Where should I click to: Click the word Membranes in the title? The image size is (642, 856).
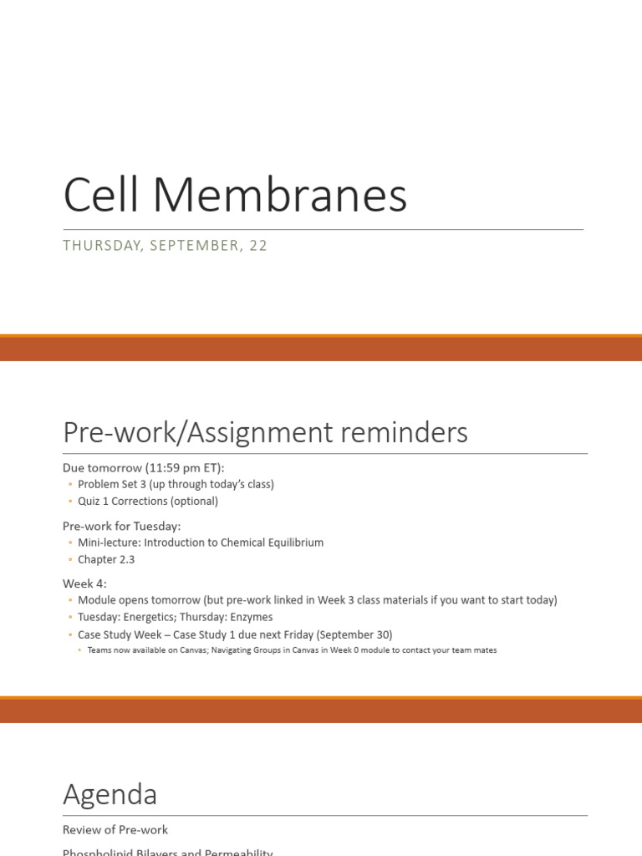[280, 196]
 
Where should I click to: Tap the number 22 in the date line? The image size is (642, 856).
[257, 246]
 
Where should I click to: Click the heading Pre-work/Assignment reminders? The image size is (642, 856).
[265, 433]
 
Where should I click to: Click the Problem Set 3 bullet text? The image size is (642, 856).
[176, 484]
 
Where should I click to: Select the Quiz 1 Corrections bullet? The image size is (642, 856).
[148, 502]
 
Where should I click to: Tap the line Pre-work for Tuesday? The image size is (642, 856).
[121, 526]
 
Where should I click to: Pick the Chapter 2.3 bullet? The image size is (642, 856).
[106, 560]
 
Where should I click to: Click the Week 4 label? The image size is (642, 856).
[84, 583]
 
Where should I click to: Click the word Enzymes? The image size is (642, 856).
[252, 617]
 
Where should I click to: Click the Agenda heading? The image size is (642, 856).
[110, 794]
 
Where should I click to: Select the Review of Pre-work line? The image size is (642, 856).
[115, 830]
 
